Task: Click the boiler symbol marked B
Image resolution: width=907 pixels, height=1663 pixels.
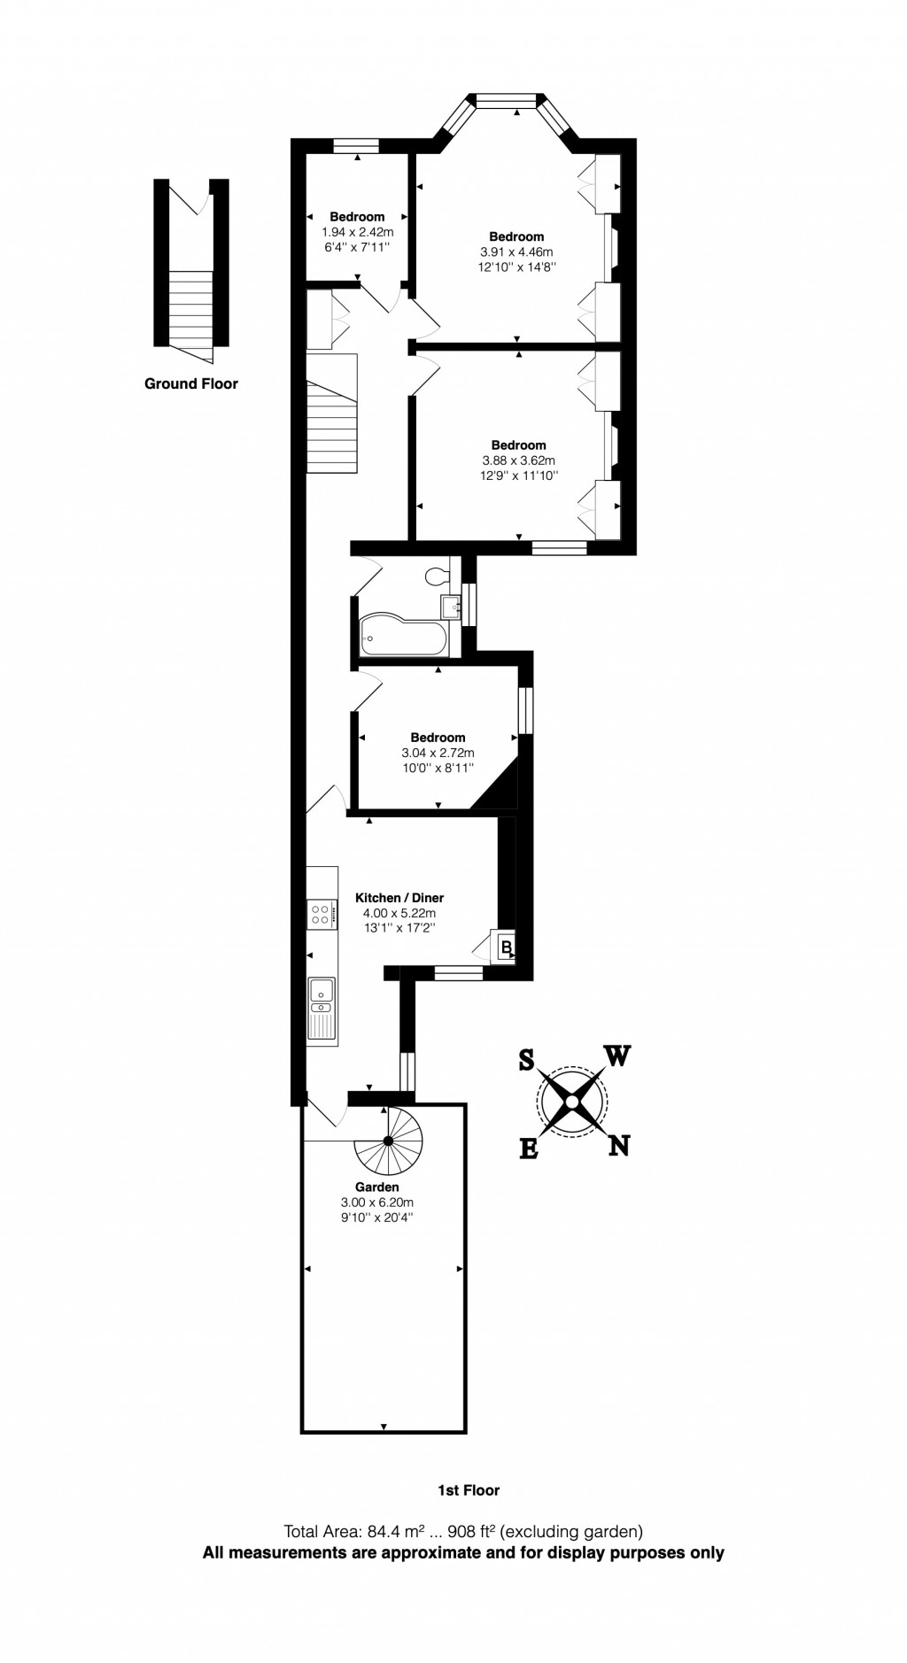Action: click(506, 948)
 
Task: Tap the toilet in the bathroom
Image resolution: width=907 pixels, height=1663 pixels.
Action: click(436, 576)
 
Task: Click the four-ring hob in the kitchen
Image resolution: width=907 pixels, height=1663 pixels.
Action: click(322, 914)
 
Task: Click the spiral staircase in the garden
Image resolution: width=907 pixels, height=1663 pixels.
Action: click(388, 1141)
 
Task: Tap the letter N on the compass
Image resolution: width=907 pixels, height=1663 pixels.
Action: click(619, 1146)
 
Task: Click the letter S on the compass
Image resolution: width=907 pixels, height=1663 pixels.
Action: click(526, 1060)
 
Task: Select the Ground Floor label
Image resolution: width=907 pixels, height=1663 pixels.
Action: click(191, 383)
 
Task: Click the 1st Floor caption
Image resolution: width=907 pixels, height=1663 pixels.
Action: click(469, 1490)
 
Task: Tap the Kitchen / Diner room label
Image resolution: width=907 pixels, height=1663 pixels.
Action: click(399, 898)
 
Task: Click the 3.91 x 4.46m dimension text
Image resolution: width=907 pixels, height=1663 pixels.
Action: click(516, 251)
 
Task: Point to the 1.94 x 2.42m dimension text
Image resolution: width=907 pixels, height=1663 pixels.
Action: click(357, 231)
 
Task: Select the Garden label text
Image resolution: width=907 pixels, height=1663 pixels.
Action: click(377, 1187)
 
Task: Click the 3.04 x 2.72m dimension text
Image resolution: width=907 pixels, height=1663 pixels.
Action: click(438, 753)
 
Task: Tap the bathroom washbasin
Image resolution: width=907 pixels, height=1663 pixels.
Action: click(451, 606)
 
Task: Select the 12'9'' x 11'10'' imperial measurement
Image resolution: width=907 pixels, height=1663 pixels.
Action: click(518, 476)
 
